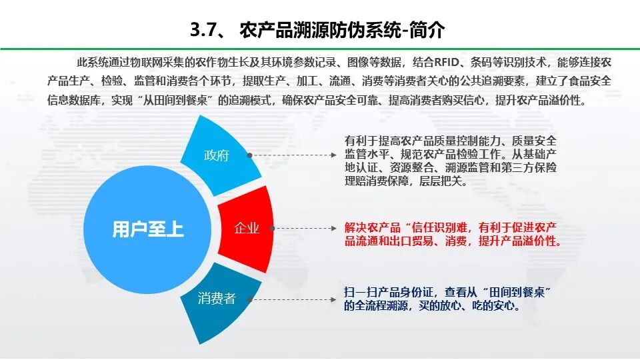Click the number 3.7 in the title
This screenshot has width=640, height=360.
coord(202,30)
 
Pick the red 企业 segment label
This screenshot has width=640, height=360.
coord(247,229)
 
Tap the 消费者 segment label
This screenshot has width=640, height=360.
coord(217,299)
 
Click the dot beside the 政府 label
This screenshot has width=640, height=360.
coord(249,155)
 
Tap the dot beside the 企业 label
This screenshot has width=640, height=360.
coord(275,229)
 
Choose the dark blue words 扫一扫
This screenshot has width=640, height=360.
coord(360,292)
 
